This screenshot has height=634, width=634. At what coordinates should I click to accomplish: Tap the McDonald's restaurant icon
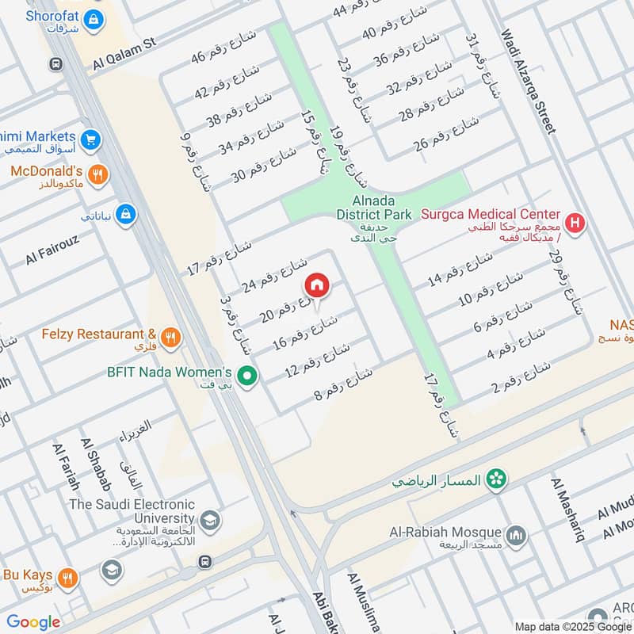98,175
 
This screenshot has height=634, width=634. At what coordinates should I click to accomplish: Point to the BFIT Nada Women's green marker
248,376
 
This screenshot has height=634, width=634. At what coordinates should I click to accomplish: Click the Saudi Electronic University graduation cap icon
211,520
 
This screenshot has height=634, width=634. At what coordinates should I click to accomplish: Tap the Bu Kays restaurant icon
68,578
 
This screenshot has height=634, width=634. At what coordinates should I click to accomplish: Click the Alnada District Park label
373,208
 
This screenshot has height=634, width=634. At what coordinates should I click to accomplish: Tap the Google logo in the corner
33,622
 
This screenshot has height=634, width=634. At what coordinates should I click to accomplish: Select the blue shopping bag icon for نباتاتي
125,214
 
